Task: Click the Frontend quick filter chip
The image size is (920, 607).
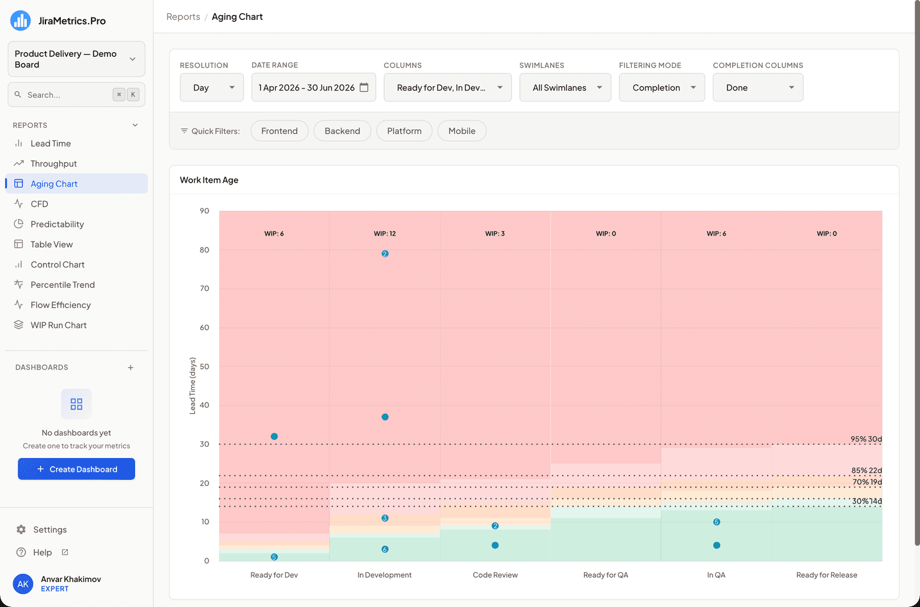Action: point(279,131)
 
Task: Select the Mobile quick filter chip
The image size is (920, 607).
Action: point(462,131)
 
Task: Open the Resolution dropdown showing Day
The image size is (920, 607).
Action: point(212,87)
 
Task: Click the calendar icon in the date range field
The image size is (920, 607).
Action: point(364,87)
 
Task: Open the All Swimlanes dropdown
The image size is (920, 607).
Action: point(565,87)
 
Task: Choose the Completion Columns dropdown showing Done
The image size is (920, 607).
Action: point(758,87)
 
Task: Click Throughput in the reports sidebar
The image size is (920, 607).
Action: point(54,163)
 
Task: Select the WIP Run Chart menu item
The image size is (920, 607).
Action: point(59,325)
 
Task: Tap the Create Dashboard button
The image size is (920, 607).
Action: point(77,469)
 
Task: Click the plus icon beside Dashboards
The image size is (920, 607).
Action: point(131,367)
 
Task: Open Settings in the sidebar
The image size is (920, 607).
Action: point(50,529)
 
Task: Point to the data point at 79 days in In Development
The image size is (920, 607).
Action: point(385,254)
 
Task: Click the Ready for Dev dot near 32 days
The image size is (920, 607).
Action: point(275,436)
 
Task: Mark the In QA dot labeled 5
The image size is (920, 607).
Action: point(716,522)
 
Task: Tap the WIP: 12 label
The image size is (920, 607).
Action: point(385,234)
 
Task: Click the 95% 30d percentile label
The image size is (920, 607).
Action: point(866,439)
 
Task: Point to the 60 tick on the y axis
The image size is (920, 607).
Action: point(205,327)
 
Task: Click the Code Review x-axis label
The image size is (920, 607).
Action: point(495,575)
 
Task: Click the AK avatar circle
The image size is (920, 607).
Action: point(23,584)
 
